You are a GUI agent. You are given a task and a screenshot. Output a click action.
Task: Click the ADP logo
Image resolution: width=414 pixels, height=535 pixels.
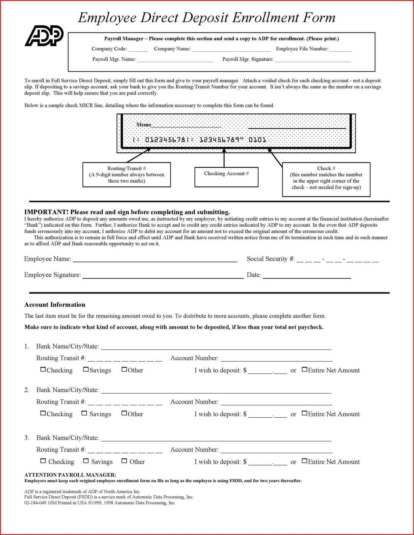(x=44, y=36)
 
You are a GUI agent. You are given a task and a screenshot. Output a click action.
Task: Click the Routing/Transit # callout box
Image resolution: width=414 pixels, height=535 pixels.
(x=126, y=175)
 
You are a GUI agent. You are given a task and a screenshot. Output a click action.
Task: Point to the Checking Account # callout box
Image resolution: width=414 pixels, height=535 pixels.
(x=226, y=177)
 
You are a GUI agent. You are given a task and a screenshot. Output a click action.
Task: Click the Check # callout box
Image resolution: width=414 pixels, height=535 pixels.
(x=326, y=179)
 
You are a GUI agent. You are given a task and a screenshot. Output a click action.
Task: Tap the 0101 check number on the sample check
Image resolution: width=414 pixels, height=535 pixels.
(x=257, y=140)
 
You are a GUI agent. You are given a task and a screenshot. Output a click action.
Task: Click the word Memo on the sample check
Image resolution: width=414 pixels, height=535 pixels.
(x=144, y=125)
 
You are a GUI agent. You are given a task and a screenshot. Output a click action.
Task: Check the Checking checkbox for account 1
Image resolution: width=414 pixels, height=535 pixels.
(x=43, y=369)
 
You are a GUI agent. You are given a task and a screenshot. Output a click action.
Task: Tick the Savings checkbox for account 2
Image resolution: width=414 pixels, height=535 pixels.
(x=84, y=413)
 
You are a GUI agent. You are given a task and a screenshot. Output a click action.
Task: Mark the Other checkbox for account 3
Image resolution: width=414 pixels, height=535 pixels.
(x=124, y=461)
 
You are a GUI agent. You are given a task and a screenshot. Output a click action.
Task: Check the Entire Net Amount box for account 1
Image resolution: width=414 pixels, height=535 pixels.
(x=304, y=369)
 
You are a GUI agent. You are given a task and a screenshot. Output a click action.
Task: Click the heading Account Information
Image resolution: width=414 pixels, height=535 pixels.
(x=55, y=305)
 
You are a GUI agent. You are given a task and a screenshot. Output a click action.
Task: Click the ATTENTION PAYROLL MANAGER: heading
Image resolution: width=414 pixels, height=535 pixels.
(x=70, y=475)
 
